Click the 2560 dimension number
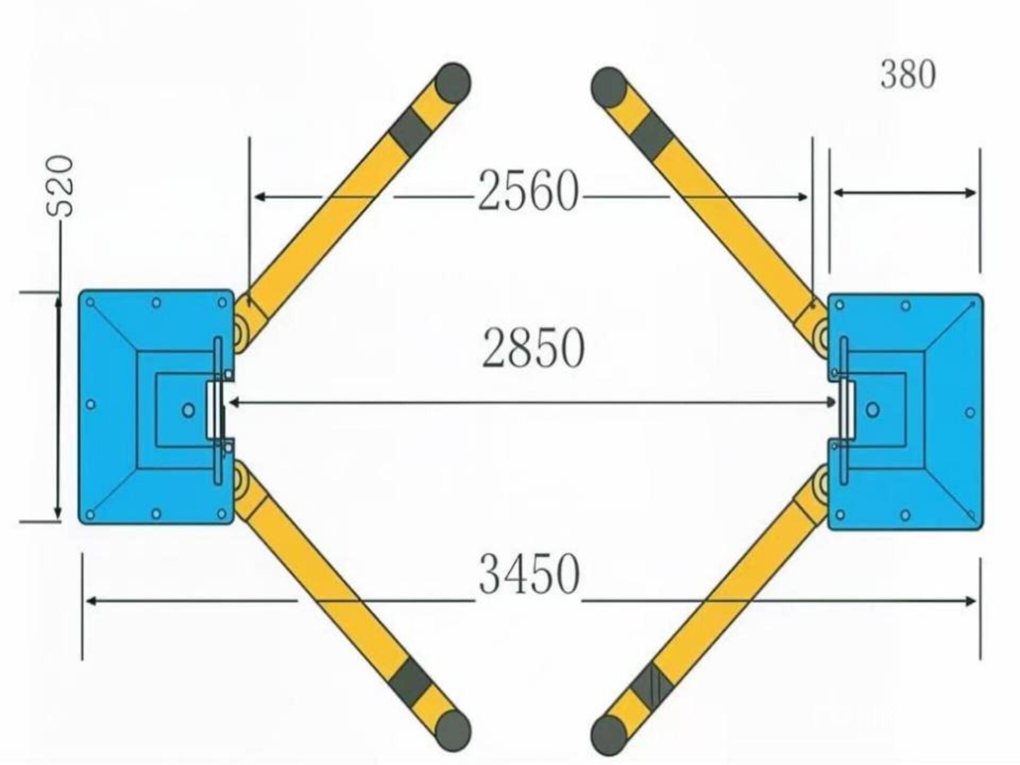coord(528,190)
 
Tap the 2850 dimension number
coord(533,348)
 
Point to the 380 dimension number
coord(908,74)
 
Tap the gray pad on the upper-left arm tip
coord(453,82)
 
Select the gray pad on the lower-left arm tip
coord(453,731)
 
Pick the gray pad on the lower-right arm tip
coord(609,736)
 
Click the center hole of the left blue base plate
coord(188,410)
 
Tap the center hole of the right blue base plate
coord(872,410)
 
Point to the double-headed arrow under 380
coord(904,193)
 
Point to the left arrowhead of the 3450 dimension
coord(91,601)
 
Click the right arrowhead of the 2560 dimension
coord(802,197)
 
